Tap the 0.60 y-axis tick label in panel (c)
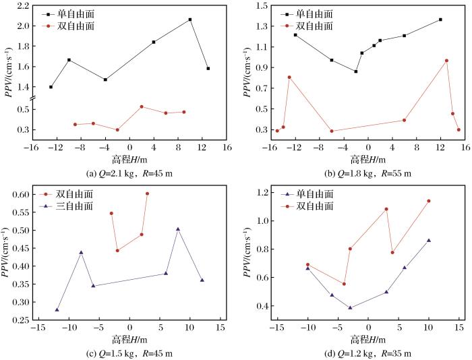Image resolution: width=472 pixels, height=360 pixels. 20,194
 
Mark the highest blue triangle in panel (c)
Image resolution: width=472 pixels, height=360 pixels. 178,229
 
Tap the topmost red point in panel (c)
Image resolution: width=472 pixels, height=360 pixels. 147,193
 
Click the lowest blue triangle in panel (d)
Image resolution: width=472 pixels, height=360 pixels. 350,307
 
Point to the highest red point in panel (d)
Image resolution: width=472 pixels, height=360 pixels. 428,201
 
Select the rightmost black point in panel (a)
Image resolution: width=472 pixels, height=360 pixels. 208,69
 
